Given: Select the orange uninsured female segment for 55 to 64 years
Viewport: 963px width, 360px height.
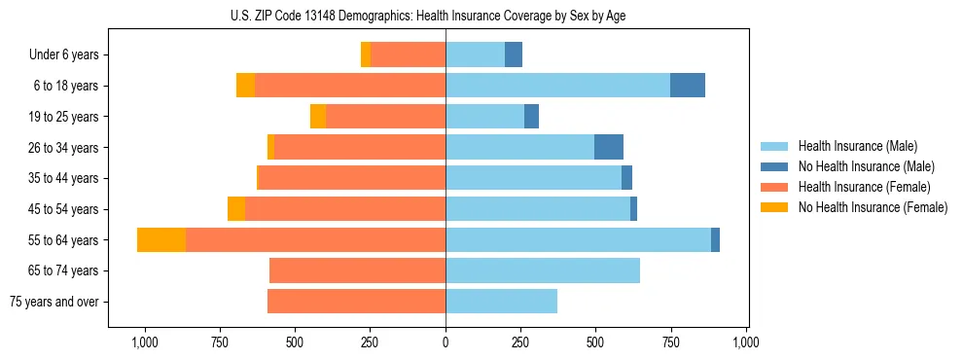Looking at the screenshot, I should click(161, 239).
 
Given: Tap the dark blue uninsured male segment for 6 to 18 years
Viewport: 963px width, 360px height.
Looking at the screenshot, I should click(688, 86).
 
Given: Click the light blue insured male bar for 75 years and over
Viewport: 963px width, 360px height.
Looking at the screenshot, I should click(501, 302).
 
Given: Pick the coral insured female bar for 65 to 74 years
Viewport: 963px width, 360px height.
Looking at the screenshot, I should click(357, 270).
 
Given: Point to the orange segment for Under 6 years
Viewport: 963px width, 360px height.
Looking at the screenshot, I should click(366, 54).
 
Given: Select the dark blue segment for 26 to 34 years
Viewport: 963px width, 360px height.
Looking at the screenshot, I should click(609, 147).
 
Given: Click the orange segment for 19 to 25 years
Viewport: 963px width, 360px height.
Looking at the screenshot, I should click(318, 117).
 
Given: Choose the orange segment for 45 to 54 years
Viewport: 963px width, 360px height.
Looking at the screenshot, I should click(236, 209).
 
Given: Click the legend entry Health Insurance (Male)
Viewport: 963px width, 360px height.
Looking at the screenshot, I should click(857, 146).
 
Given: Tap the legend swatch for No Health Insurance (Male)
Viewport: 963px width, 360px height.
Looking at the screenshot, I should click(774, 166).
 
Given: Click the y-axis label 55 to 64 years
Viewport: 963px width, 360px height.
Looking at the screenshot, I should click(64, 240).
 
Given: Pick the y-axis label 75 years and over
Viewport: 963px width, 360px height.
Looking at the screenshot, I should click(53, 302).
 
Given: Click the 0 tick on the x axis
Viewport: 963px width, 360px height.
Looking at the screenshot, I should click(446, 342).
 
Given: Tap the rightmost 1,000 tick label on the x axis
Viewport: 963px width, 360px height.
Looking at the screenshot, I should click(746, 342).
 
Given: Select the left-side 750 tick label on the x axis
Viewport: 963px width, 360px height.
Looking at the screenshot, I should click(219, 342).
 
